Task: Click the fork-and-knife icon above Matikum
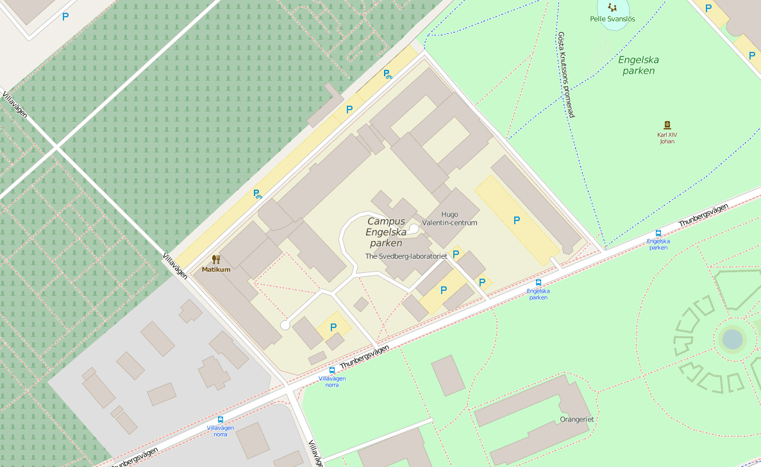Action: [x=216, y=259]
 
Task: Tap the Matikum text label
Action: [x=216, y=270]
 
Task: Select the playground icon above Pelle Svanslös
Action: [x=612, y=8]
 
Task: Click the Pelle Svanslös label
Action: [x=612, y=19]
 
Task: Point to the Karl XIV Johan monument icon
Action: [x=667, y=126]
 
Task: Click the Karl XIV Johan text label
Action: [x=667, y=138]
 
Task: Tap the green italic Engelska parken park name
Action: [x=638, y=65]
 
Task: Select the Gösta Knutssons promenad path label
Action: [x=565, y=74]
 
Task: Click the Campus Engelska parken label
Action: [x=386, y=232]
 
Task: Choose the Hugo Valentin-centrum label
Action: [x=459, y=218]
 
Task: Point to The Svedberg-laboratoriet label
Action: [x=406, y=256]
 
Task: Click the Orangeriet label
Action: [x=577, y=419]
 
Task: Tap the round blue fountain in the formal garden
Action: [x=732, y=338]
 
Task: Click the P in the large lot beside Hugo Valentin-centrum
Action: [x=517, y=220]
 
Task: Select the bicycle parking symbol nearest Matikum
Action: [x=258, y=193]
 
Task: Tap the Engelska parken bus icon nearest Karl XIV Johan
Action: [x=658, y=234]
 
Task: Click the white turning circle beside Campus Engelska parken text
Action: [x=414, y=229]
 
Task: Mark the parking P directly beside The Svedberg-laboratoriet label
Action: [x=456, y=254]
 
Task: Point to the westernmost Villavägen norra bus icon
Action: [x=221, y=420]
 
